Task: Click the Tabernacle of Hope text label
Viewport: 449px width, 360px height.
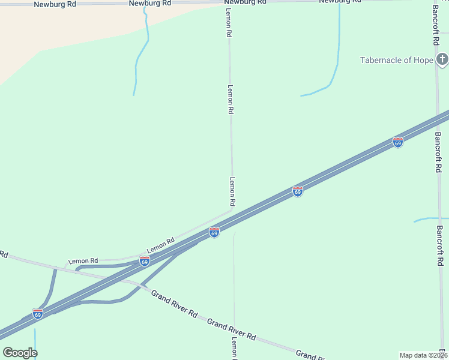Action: [396, 60]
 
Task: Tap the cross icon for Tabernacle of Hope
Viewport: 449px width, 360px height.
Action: [442, 59]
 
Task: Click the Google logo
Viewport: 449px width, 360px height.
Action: [20, 352]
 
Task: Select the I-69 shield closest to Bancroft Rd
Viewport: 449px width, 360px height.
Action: [397, 142]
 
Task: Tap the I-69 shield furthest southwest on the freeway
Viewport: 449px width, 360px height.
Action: [38, 314]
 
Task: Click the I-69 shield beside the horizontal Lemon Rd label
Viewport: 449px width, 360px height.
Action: [144, 261]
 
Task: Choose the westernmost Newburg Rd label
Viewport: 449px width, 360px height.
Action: [55, 4]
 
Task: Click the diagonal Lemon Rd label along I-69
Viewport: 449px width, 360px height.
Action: [160, 245]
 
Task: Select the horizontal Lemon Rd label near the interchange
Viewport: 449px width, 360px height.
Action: [83, 261]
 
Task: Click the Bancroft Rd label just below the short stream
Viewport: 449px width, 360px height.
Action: [440, 246]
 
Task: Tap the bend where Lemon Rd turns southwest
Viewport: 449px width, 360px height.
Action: [232, 209]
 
